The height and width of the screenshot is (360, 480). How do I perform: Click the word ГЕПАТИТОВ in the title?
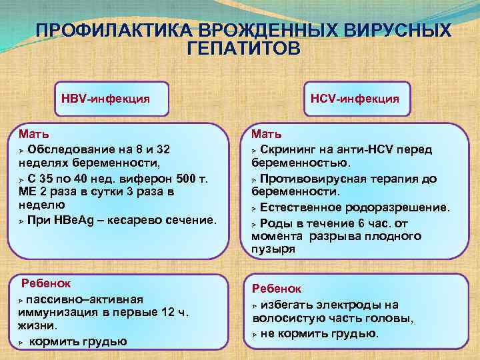tap(244, 49)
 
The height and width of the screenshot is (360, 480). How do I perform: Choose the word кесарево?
tap(136, 220)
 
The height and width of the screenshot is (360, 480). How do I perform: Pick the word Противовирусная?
tap(309, 179)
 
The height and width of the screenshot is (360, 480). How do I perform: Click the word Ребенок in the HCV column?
tap(276, 289)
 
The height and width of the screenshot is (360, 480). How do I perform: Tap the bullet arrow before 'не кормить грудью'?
tap(255, 334)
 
